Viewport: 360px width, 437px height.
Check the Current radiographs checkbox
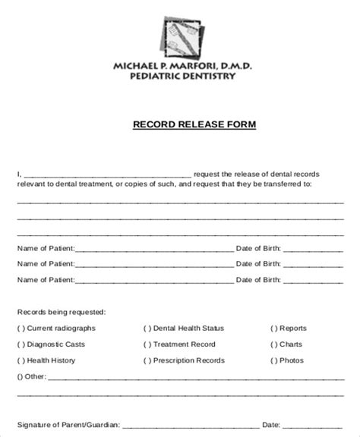(21, 329)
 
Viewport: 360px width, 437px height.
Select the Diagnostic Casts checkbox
(21, 344)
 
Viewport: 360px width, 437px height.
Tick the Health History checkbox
(21, 360)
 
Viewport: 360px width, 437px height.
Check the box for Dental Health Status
(147, 329)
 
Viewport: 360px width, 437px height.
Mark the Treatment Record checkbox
(147, 344)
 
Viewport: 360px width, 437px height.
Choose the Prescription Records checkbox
(147, 360)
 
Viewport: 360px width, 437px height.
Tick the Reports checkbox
(273, 329)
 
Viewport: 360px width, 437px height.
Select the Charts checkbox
(273, 344)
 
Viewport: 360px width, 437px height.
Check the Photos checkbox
(273, 360)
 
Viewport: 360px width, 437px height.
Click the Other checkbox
(21, 376)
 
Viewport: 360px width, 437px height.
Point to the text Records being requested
(62, 312)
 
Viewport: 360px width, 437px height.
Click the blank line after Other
(190, 377)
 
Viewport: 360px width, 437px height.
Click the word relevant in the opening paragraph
(31, 184)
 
